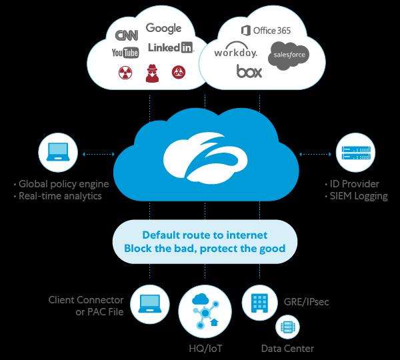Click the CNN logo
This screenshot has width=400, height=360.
[127, 35]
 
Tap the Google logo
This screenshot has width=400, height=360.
[163, 28]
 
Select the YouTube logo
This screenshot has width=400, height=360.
[125, 53]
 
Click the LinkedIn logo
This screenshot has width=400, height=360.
[171, 47]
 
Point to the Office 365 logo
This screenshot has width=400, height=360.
[266, 31]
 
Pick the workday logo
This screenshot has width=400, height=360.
[236, 51]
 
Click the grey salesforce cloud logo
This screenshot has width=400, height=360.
[289, 56]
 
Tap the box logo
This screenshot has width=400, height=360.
[249, 71]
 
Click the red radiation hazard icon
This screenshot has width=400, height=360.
[125, 73]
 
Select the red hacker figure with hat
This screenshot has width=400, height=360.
[152, 73]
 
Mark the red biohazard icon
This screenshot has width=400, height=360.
[179, 72]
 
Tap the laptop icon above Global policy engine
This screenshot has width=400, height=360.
[58, 152]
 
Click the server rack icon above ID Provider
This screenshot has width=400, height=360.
[355, 153]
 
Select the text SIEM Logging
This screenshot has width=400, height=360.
[359, 196]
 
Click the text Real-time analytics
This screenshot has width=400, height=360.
[60, 196]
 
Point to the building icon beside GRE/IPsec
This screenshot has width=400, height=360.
[260, 303]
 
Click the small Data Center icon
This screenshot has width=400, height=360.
[287, 327]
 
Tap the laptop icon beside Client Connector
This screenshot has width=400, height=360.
[150, 305]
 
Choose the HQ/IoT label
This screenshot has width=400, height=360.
[205, 348]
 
